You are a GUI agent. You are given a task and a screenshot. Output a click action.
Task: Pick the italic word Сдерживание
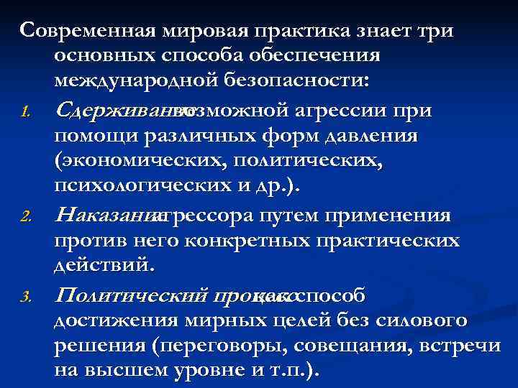pos(115,109)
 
